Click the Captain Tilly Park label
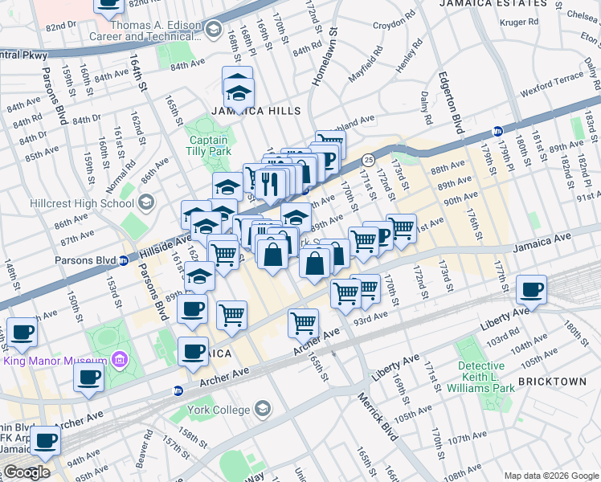click(x=208, y=146)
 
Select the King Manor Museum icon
click(x=121, y=358)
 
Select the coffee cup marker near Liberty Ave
click(x=530, y=290)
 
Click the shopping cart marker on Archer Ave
click(x=303, y=324)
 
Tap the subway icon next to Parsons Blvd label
click(x=124, y=260)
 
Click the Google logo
click(x=27, y=472)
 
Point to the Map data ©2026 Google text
click(x=550, y=476)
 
